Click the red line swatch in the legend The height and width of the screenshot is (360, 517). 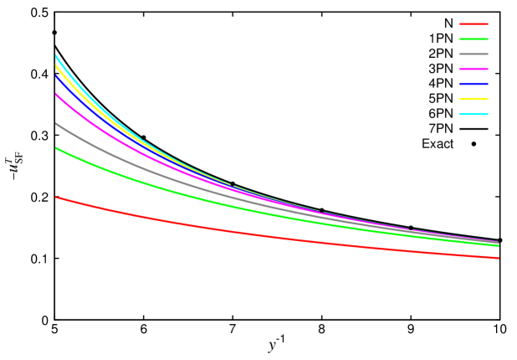473,24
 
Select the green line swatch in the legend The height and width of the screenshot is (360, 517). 473,39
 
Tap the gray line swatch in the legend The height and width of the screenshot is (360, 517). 473,54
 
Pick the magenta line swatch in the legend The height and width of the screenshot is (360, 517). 473,69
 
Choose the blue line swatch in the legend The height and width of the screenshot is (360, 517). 473,84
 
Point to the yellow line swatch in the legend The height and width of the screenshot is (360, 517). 473,99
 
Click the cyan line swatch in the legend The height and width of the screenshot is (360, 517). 473,114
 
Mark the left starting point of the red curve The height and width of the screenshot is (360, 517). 56,198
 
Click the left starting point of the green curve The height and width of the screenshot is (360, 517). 56,148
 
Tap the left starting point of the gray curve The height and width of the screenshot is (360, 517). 56,124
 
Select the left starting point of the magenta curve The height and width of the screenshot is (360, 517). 56,95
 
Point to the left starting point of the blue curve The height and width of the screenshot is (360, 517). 56,76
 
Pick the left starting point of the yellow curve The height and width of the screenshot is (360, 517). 56,65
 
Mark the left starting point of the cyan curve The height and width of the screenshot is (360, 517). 56,55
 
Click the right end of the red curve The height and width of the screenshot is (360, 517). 499,258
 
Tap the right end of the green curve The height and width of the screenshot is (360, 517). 499,245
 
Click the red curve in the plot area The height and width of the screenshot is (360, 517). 251,234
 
